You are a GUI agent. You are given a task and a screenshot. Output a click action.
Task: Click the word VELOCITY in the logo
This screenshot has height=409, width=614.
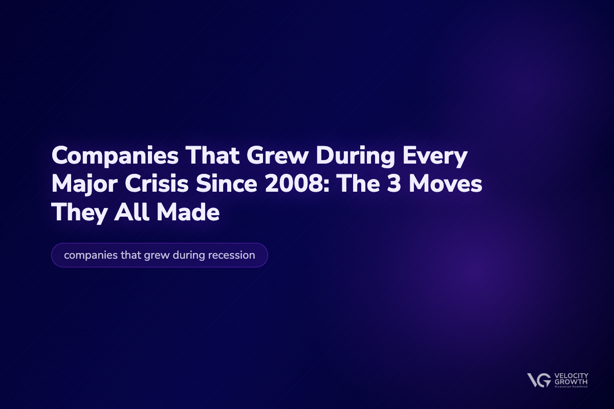point(571,376)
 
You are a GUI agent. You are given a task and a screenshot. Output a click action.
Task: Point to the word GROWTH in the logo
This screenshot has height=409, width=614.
point(569,382)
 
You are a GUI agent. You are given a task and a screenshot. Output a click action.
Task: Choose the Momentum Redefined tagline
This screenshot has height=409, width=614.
point(570,387)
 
